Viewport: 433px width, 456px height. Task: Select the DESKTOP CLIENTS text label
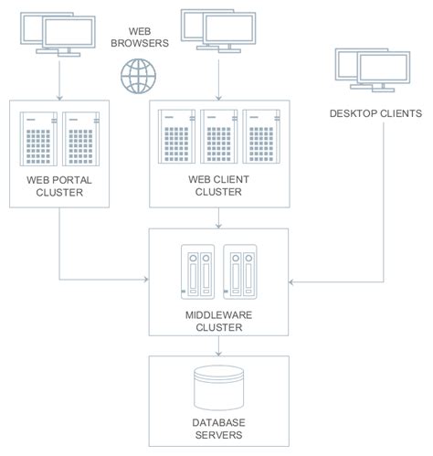tap(375, 113)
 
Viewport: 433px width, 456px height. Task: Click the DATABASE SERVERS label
tap(218, 429)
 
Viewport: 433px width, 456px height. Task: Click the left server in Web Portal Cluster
tap(40, 144)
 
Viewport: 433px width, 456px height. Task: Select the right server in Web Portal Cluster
tap(80, 144)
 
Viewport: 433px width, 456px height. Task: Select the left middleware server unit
tap(197, 271)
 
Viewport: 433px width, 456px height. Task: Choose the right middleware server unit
tap(240, 271)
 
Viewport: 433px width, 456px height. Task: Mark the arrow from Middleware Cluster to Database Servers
tap(218, 347)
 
